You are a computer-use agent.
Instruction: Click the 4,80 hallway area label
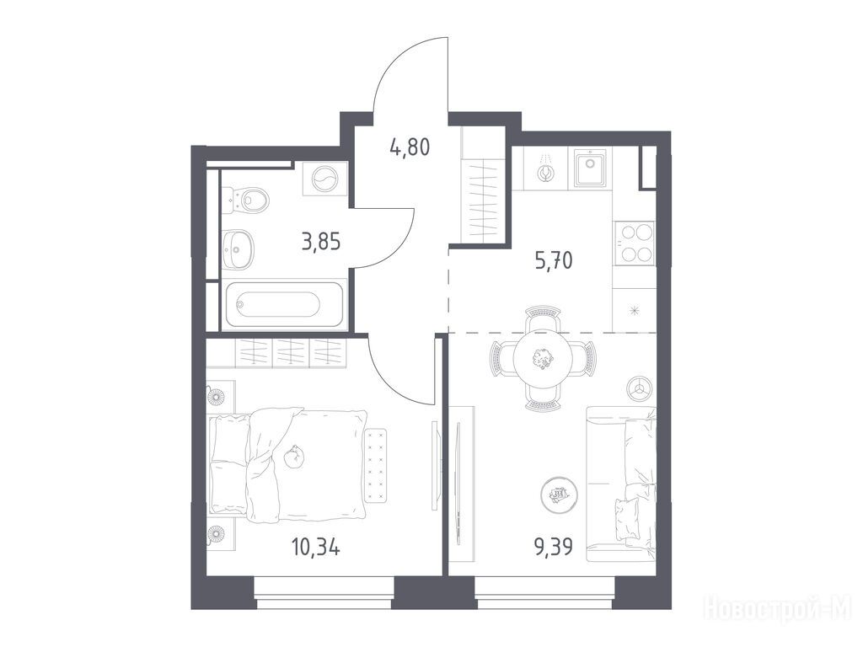410,147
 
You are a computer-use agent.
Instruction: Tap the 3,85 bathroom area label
321,242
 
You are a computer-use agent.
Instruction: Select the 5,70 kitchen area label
554,259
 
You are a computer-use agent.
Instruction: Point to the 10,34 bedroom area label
315,548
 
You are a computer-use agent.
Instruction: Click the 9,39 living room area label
554,547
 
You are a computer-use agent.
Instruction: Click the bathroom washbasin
239,249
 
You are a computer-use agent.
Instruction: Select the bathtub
283,305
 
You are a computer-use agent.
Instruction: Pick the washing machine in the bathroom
324,179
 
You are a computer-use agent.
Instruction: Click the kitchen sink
590,168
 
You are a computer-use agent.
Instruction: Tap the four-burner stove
635,243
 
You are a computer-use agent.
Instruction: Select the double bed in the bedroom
288,464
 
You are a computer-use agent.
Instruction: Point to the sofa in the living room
621,484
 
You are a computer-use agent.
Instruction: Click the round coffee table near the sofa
560,494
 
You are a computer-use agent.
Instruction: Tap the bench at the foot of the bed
377,465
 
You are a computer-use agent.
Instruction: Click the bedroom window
324,593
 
